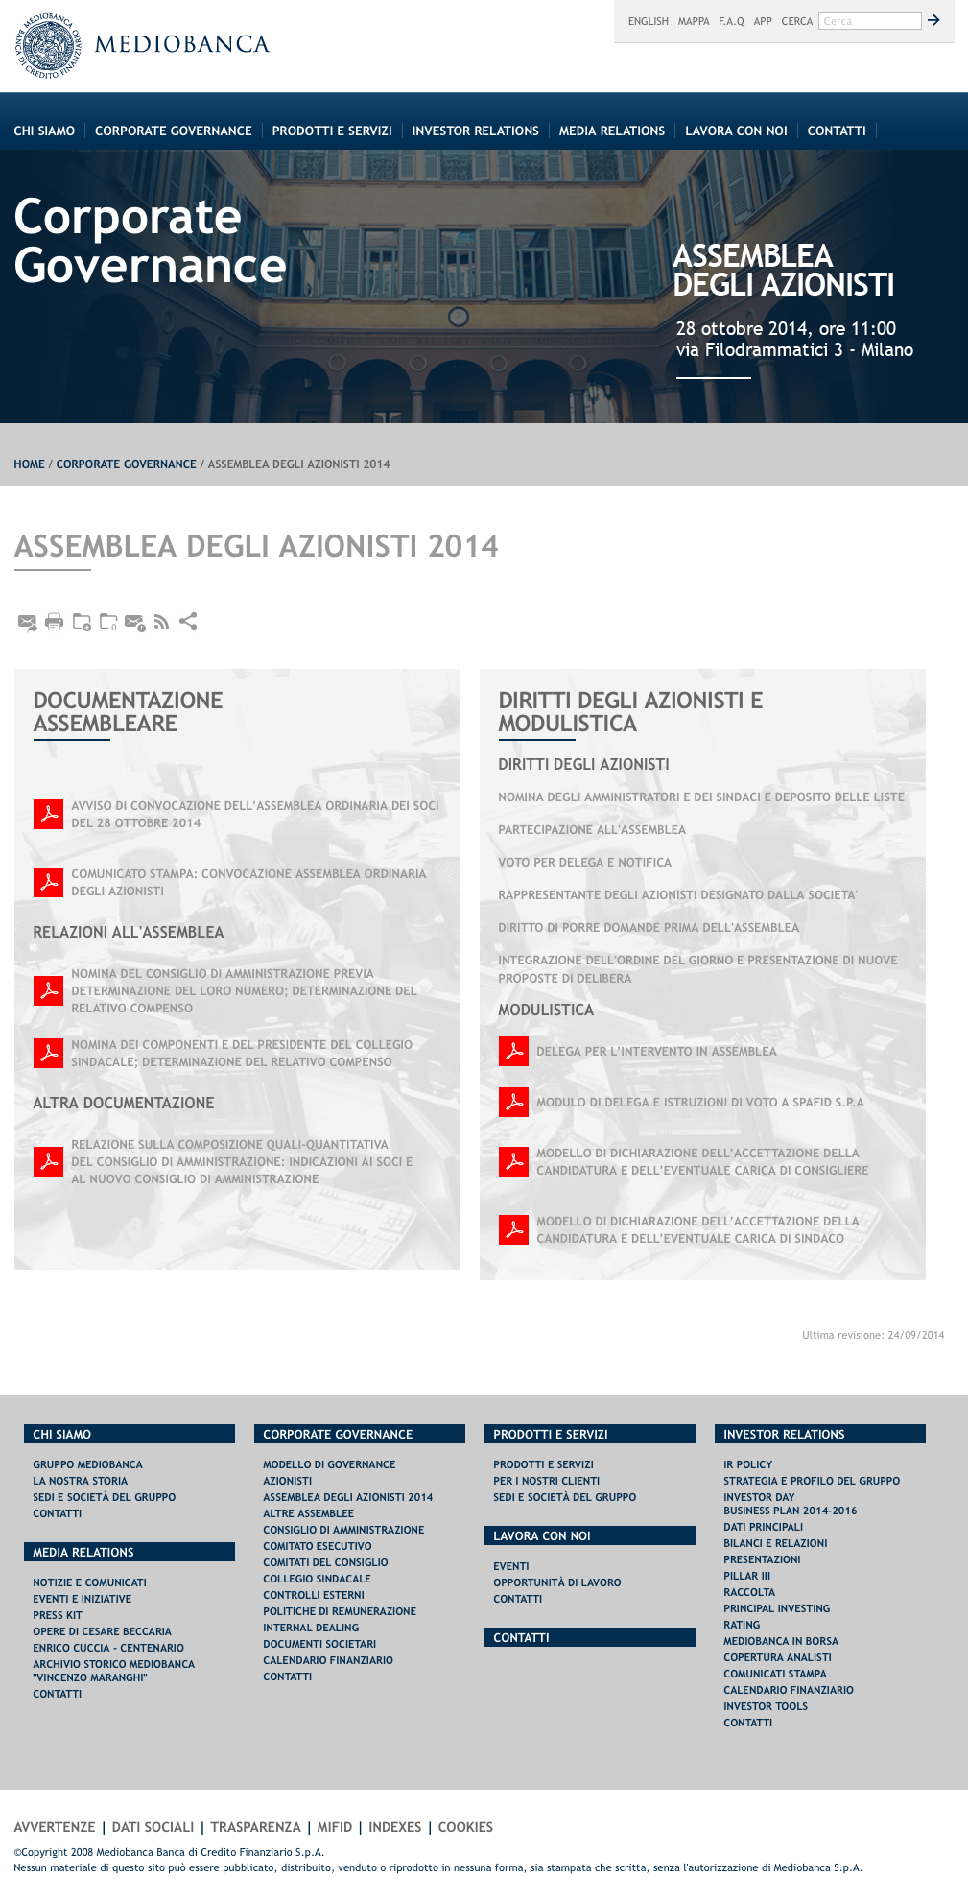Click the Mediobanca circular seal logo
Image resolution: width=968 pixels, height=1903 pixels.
pos(48,46)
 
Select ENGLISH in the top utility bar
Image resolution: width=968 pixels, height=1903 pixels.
pos(648,21)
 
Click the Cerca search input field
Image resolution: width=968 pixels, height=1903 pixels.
pos(869,21)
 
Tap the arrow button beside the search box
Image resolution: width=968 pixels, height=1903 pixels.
pos(933,20)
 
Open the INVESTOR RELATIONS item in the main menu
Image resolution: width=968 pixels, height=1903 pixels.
pos(475,131)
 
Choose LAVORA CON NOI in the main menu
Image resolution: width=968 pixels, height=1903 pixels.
pos(736,131)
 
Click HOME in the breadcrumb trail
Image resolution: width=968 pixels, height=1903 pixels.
pos(29,464)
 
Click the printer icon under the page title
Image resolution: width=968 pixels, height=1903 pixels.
pos(55,622)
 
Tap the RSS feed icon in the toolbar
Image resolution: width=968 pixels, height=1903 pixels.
pos(161,622)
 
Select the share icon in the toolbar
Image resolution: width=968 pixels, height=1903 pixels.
pos(188,621)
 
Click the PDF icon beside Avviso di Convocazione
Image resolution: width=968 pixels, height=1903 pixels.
pos(48,814)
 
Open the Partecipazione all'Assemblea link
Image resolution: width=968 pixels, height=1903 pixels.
pos(592,830)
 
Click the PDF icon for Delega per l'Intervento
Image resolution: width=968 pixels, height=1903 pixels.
pos(513,1052)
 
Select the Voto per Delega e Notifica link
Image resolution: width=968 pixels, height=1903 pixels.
pos(584,863)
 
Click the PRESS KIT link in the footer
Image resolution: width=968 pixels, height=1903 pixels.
pos(58,1616)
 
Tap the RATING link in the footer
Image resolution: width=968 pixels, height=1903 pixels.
pos(742,1626)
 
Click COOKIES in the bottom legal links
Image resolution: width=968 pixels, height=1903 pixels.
pos(465,1828)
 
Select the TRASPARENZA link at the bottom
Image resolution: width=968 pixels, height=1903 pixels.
pos(255,1828)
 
